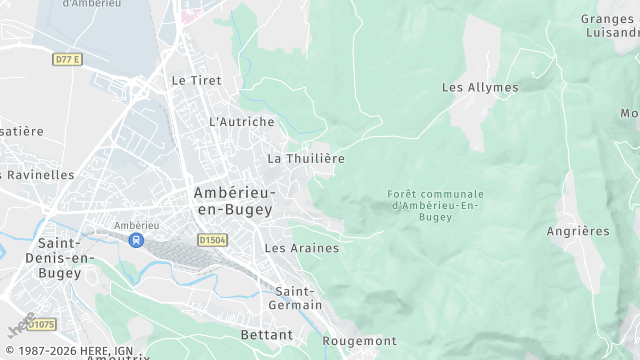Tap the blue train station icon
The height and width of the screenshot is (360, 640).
tap(136, 240)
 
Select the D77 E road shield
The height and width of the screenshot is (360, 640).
tap(66, 60)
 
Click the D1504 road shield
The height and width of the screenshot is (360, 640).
tap(212, 240)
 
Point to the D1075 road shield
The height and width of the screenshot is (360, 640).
tap(41, 324)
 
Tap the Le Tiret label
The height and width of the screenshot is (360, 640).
tap(196, 80)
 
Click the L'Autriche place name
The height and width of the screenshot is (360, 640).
tap(241, 122)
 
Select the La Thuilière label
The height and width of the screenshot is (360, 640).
tap(306, 159)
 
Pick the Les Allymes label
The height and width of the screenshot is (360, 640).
tap(480, 88)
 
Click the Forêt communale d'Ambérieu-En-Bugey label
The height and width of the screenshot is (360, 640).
tap(435, 205)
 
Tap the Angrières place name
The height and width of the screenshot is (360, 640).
tap(578, 232)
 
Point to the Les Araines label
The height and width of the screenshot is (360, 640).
tap(302, 248)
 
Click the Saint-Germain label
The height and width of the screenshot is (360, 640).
tap(299, 297)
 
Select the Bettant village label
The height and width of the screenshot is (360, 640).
tap(267, 334)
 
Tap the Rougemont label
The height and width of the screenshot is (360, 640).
tap(359, 341)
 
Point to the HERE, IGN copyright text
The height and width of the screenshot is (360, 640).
tap(75, 351)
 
